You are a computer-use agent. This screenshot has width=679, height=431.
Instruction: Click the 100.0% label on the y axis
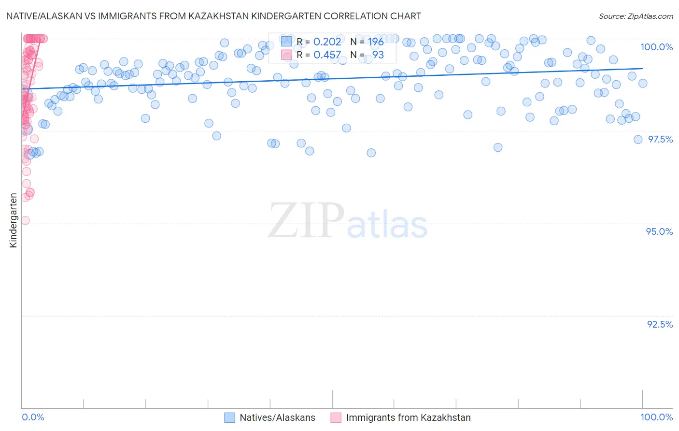point(656,47)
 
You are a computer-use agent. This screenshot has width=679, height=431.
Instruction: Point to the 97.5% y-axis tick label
point(660,139)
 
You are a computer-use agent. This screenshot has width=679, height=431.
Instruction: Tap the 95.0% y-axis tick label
point(659,231)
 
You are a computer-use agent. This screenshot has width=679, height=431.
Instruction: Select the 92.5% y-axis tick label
point(660,324)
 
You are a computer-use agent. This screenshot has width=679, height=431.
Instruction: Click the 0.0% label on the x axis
point(33,417)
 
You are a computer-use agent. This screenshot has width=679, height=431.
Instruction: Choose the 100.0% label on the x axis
point(656,417)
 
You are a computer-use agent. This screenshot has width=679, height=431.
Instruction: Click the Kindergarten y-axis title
point(13,220)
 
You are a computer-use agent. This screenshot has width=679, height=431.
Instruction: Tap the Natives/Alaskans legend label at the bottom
point(277,417)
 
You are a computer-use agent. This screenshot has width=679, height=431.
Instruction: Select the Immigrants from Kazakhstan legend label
point(408,417)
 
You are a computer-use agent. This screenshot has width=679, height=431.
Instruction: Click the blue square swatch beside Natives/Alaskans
point(230,417)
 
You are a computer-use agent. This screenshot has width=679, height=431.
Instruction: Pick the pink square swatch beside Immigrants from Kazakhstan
point(336,417)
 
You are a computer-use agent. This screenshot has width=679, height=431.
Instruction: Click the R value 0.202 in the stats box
point(327,42)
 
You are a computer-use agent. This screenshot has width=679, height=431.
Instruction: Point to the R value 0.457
point(327,55)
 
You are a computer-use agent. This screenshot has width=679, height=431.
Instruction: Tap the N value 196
point(376,42)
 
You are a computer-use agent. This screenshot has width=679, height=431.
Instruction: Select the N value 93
point(378,55)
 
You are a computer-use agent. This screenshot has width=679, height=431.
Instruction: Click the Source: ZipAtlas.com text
point(636,16)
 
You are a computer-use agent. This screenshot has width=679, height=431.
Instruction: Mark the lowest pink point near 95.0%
point(25,220)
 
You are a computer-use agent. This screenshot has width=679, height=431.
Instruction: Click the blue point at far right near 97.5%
point(637,140)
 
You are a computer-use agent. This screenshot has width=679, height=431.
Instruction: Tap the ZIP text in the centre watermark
point(306,221)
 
